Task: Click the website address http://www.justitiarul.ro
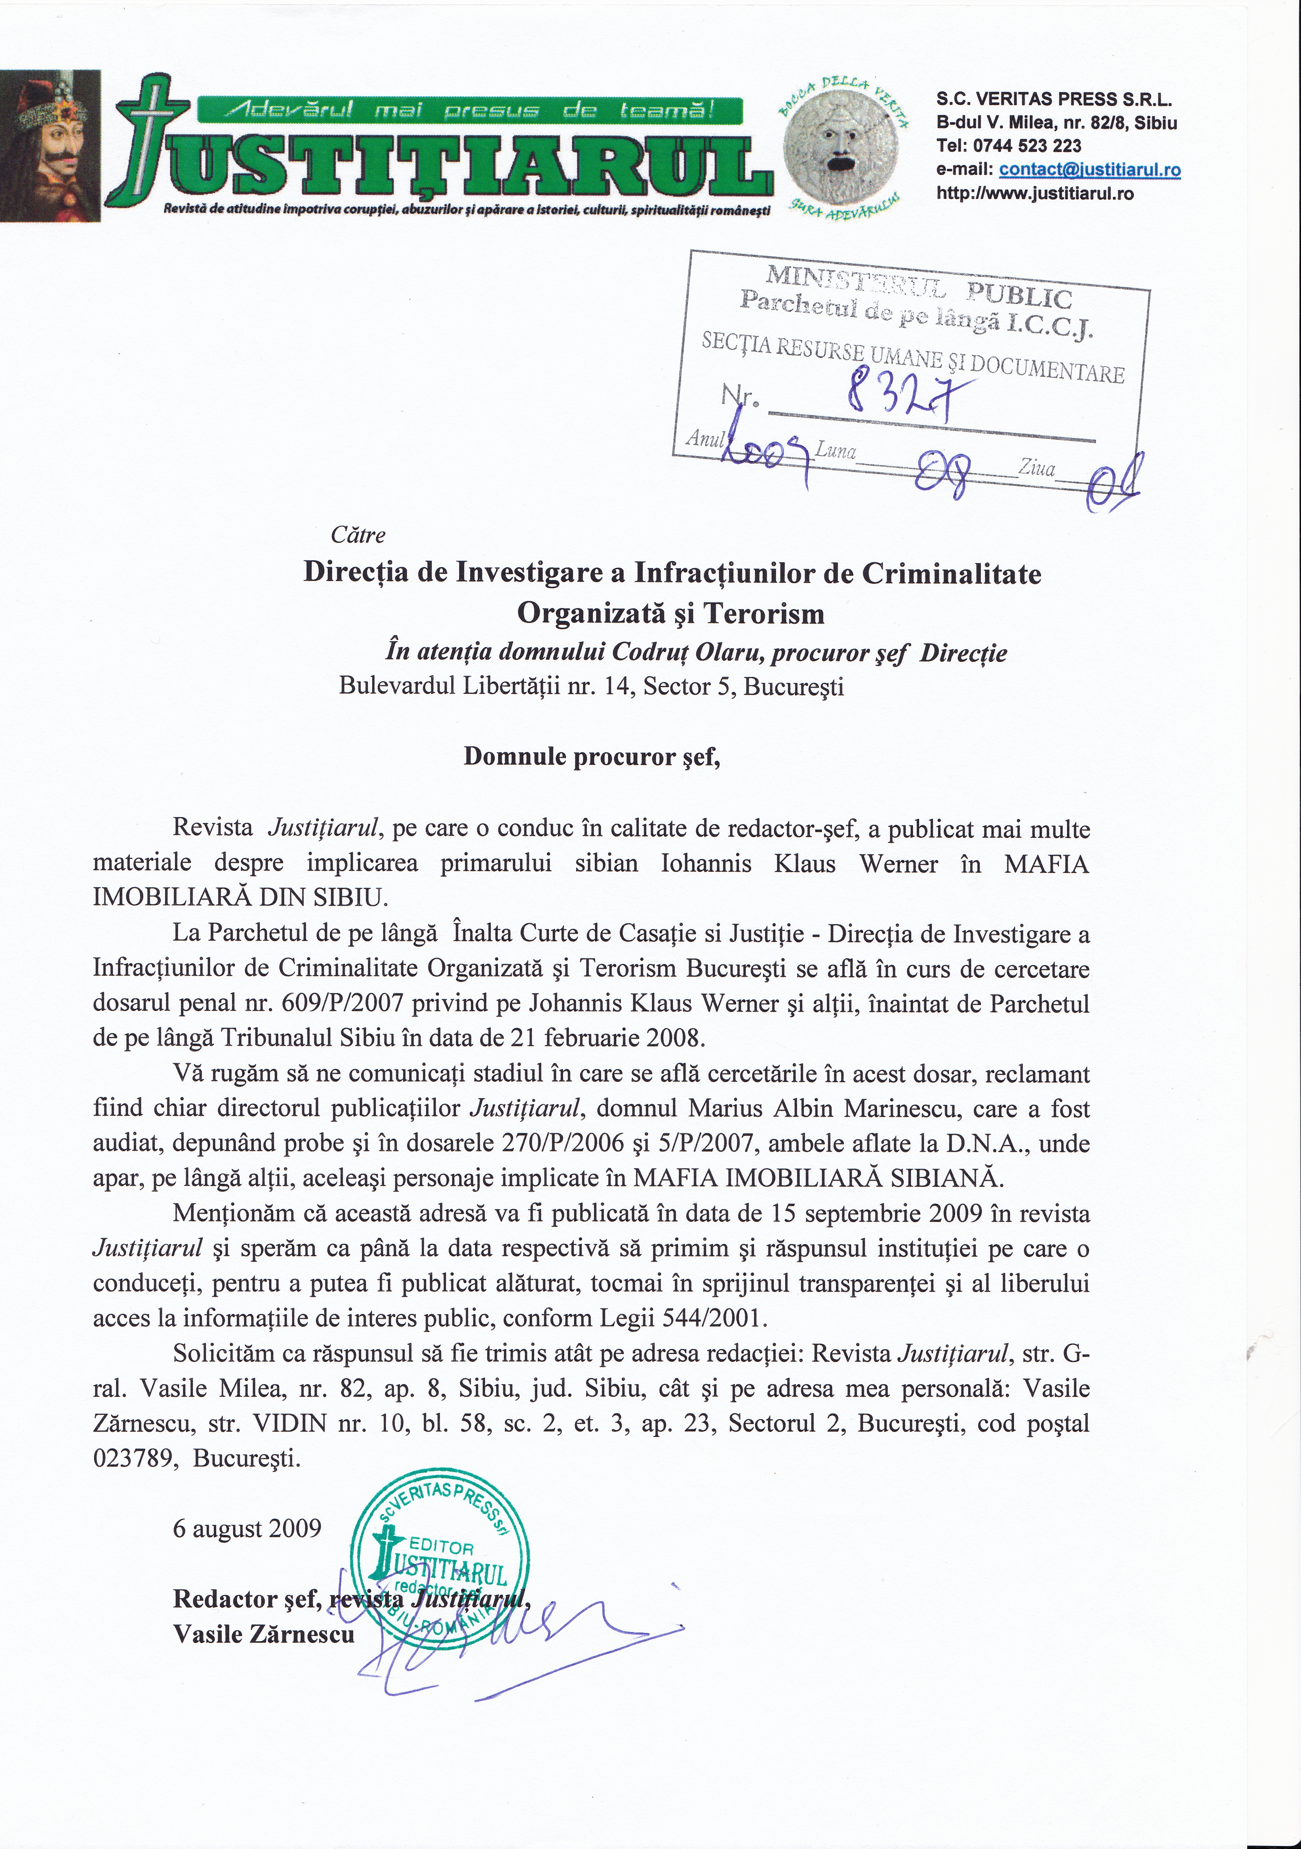point(1034,193)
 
